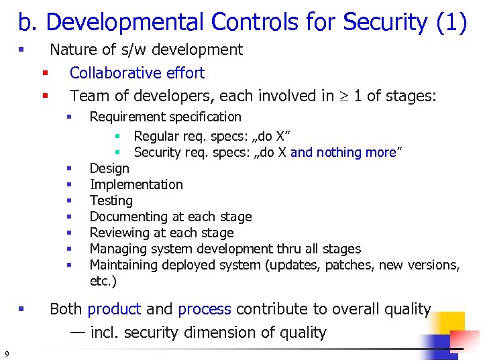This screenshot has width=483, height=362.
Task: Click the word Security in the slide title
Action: pos(384,23)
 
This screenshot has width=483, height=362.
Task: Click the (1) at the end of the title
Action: pos(451,23)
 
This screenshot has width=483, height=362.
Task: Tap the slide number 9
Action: pos(6,354)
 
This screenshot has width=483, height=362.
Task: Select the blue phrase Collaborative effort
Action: pos(137,73)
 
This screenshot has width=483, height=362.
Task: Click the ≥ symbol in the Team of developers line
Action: pos(342,97)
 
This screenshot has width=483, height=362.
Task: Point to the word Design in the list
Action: pos(109,168)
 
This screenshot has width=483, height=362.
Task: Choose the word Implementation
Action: pos(136,184)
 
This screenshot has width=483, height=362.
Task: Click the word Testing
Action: pos(111,200)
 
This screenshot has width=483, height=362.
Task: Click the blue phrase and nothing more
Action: pos(343,152)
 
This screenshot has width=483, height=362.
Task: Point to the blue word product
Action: pos(114,309)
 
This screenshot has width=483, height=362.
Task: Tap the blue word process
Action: pos(205,309)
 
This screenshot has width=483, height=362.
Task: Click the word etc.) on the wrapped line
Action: pos(103,281)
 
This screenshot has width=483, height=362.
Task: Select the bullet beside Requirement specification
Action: pos(68,117)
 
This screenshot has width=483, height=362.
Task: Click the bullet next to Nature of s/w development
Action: pos(21,50)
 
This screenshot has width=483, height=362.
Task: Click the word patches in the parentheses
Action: pos(347,265)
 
